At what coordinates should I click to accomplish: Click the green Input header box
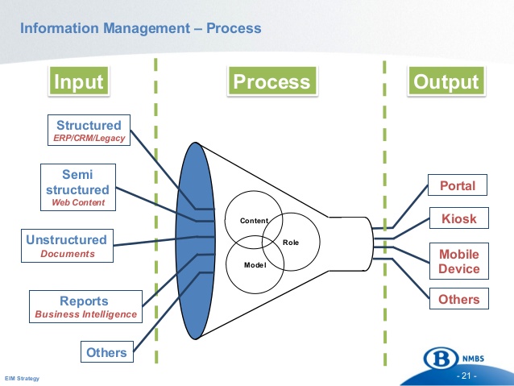tap(77, 82)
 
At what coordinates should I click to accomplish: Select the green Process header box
tap(271, 82)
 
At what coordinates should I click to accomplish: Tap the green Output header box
tap(446, 82)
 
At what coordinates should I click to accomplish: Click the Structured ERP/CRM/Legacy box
tap(89, 131)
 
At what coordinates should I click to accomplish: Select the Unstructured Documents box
tap(67, 246)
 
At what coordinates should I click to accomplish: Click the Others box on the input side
tap(106, 352)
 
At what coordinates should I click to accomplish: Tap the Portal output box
tap(457, 186)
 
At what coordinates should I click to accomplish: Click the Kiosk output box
tap(457, 218)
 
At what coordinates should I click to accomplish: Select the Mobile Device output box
tap(458, 262)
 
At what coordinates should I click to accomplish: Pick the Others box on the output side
tap(458, 300)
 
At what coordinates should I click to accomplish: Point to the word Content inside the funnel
tap(255, 220)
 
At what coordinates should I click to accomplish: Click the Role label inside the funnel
tap(291, 242)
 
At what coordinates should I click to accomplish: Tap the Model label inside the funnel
tap(255, 264)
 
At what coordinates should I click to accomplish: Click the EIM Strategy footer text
tap(22, 379)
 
